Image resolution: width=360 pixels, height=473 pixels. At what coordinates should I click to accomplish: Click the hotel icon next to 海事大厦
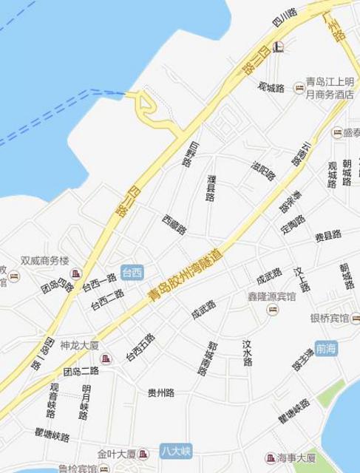[x=271, y=459]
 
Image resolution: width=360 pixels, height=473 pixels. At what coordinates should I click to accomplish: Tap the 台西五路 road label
[x=140, y=347]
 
